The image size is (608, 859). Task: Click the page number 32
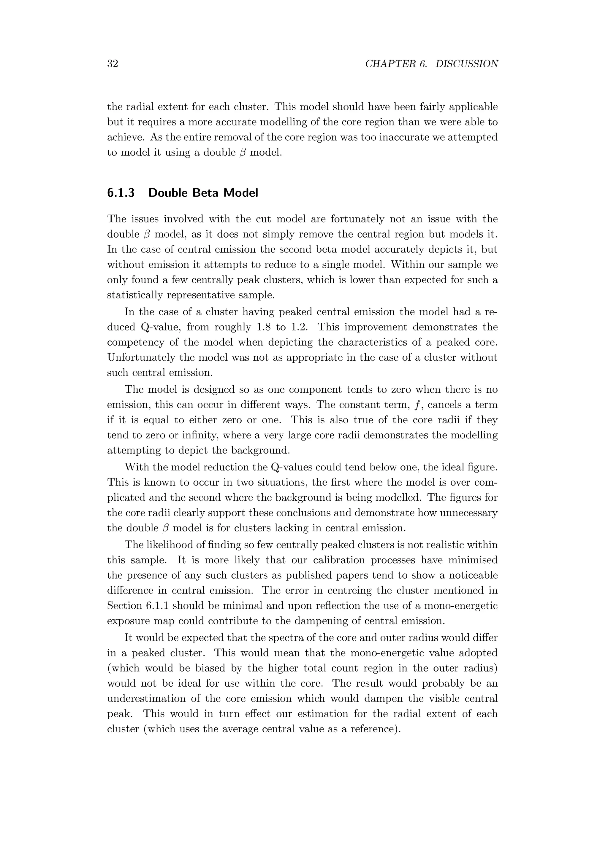pyautogui.click(x=113, y=64)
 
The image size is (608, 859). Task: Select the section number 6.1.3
pyautogui.click(x=121, y=193)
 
